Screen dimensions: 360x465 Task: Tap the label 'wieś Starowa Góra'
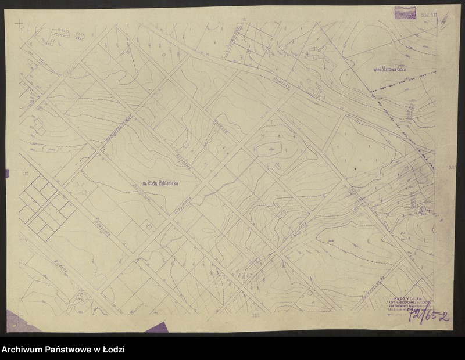coord(392,70)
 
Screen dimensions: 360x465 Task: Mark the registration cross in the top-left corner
coord(20,25)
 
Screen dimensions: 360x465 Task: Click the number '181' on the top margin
coord(244,19)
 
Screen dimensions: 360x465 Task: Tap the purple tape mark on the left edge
coord(6,172)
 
